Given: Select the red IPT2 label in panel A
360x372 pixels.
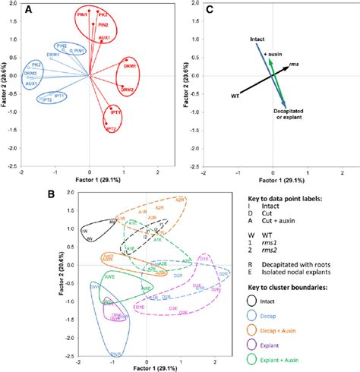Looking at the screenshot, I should (111, 130).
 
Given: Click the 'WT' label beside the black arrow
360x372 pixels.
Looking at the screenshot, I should (235, 96).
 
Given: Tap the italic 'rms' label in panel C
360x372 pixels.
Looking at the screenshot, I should (293, 67).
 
